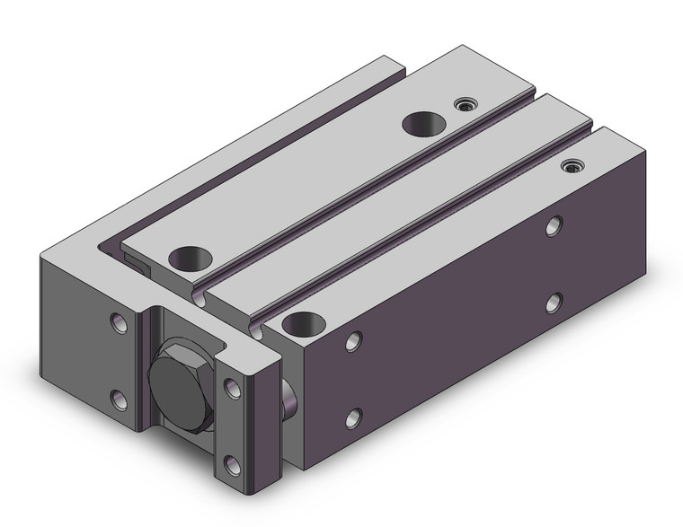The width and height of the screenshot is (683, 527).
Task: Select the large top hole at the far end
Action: [x=422, y=124]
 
